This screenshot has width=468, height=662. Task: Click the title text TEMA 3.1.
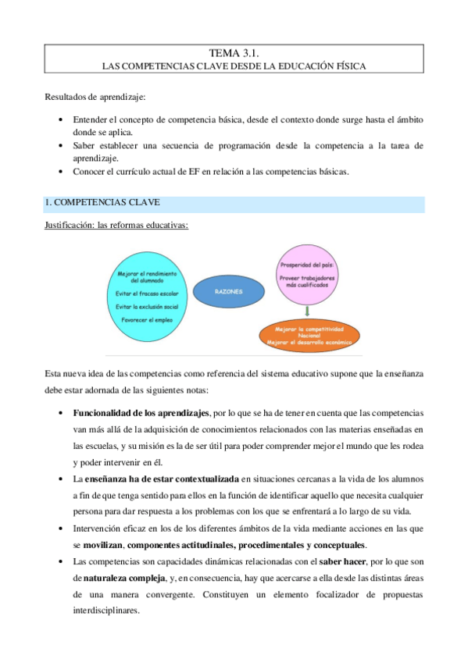(x=234, y=53)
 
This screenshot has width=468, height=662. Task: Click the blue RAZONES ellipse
(x=226, y=292)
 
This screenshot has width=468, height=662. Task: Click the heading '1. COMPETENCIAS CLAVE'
(x=103, y=203)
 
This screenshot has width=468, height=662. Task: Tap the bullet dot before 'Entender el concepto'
(x=61, y=121)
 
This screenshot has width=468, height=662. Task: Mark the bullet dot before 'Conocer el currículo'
(x=61, y=173)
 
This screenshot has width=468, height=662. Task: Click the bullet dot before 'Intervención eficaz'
(x=61, y=529)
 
